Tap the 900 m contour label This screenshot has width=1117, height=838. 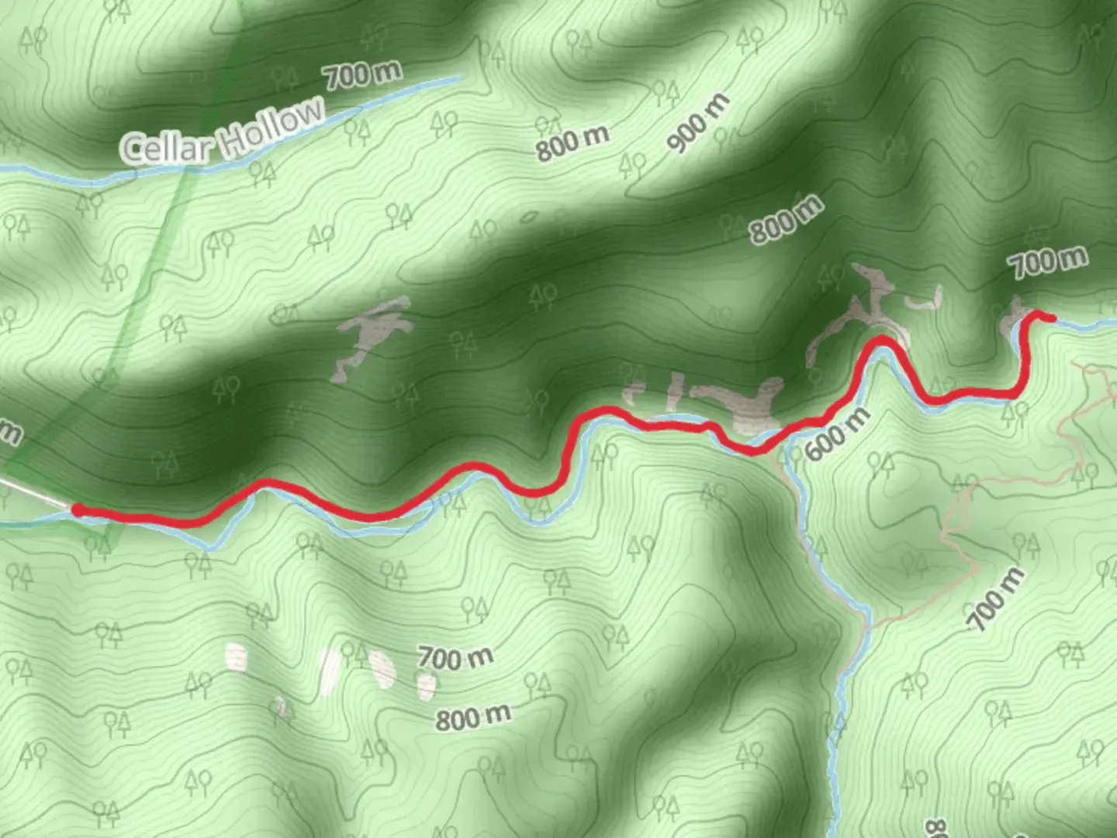point(699,123)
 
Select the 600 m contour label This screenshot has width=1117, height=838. point(838,435)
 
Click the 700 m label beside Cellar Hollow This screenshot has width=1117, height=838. point(363,74)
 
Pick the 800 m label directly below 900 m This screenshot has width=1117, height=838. point(785,220)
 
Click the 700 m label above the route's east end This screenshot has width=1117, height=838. point(1049,262)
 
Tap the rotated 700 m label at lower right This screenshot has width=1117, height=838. point(996,598)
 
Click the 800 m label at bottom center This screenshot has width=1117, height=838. point(472,717)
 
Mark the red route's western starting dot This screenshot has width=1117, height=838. point(78,510)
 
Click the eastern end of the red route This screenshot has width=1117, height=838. point(1051,317)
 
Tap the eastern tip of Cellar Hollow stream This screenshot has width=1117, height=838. point(459,78)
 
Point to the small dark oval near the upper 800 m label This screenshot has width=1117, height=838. point(530,218)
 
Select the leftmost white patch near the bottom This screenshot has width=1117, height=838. point(236,656)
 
